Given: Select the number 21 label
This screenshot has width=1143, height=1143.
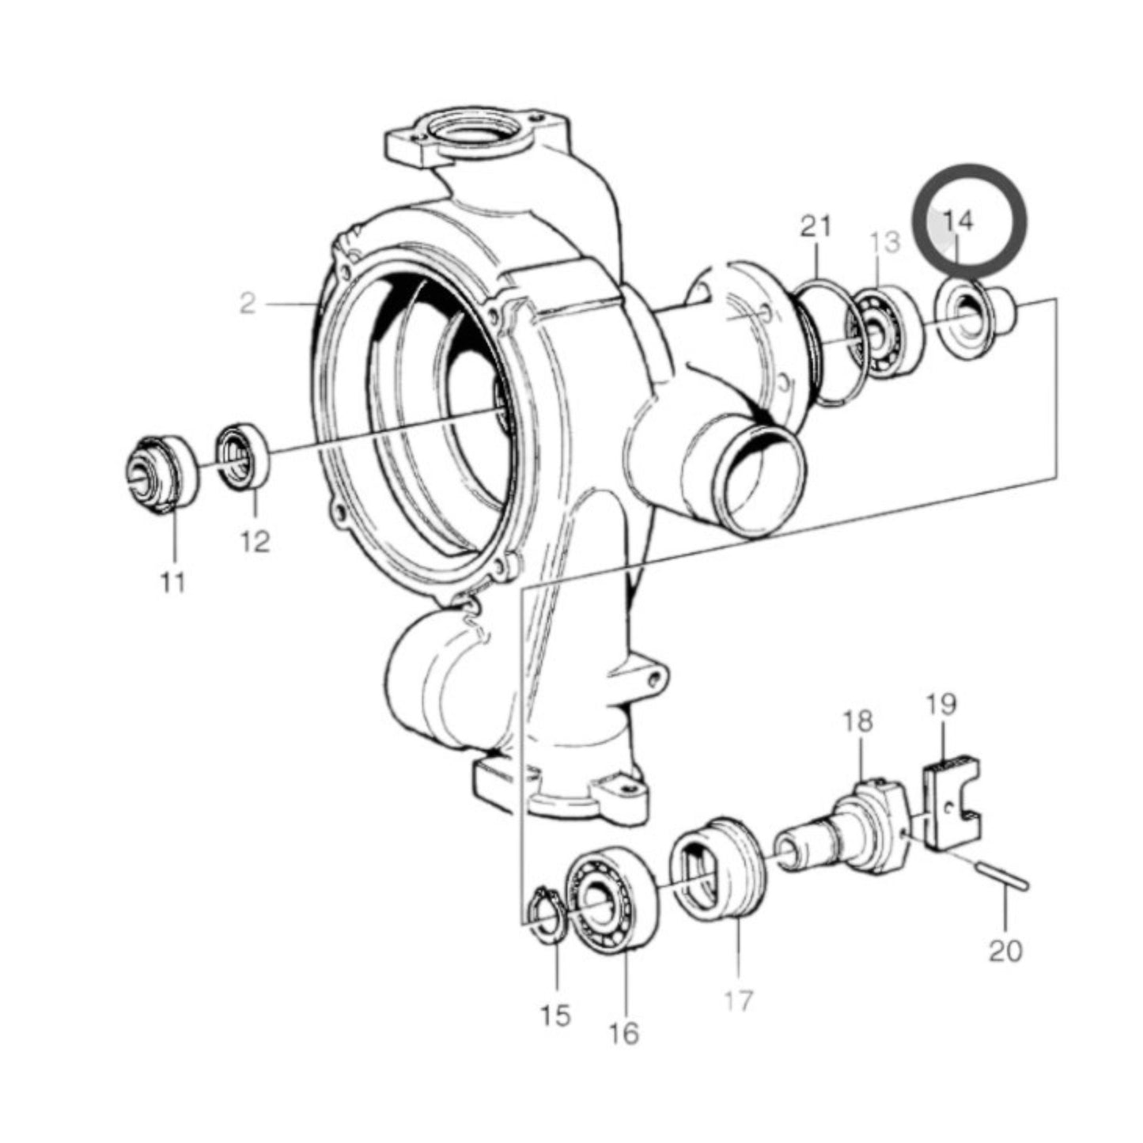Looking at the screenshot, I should pos(816,227).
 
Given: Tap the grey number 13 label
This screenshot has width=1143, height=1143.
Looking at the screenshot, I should pos(886,242).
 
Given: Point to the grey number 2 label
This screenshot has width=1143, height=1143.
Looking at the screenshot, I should pos(248,303).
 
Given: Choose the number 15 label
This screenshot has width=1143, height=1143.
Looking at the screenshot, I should pos(555,1015).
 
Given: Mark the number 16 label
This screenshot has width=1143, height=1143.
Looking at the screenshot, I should pos(624,1033).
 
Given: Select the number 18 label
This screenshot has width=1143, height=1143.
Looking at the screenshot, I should pos(857,721).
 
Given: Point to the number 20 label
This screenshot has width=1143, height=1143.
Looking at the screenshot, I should pos(1005,950).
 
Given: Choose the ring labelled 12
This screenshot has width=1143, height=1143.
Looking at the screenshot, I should pos(244,456).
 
